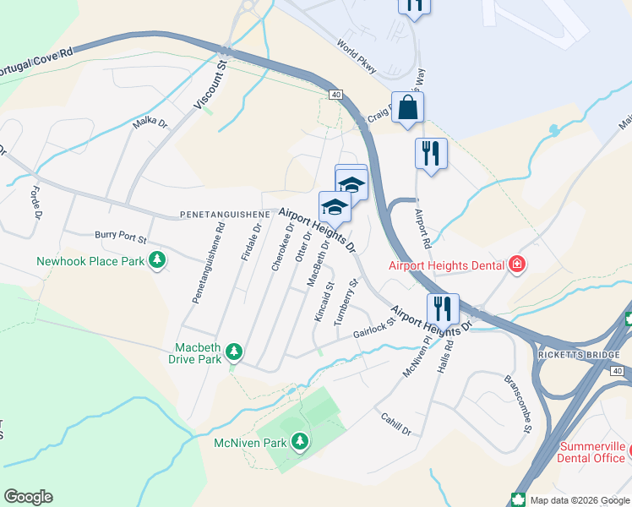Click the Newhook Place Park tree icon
pos(156,261)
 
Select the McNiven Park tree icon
pos(299,441)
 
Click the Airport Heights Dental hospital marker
pos(516,265)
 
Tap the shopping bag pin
pos(407,108)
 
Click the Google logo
pos(28,497)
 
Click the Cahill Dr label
pos(395,424)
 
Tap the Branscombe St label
pos(517,393)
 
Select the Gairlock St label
pos(373,328)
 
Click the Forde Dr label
pos(36,202)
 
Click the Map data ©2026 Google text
pos(578,499)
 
